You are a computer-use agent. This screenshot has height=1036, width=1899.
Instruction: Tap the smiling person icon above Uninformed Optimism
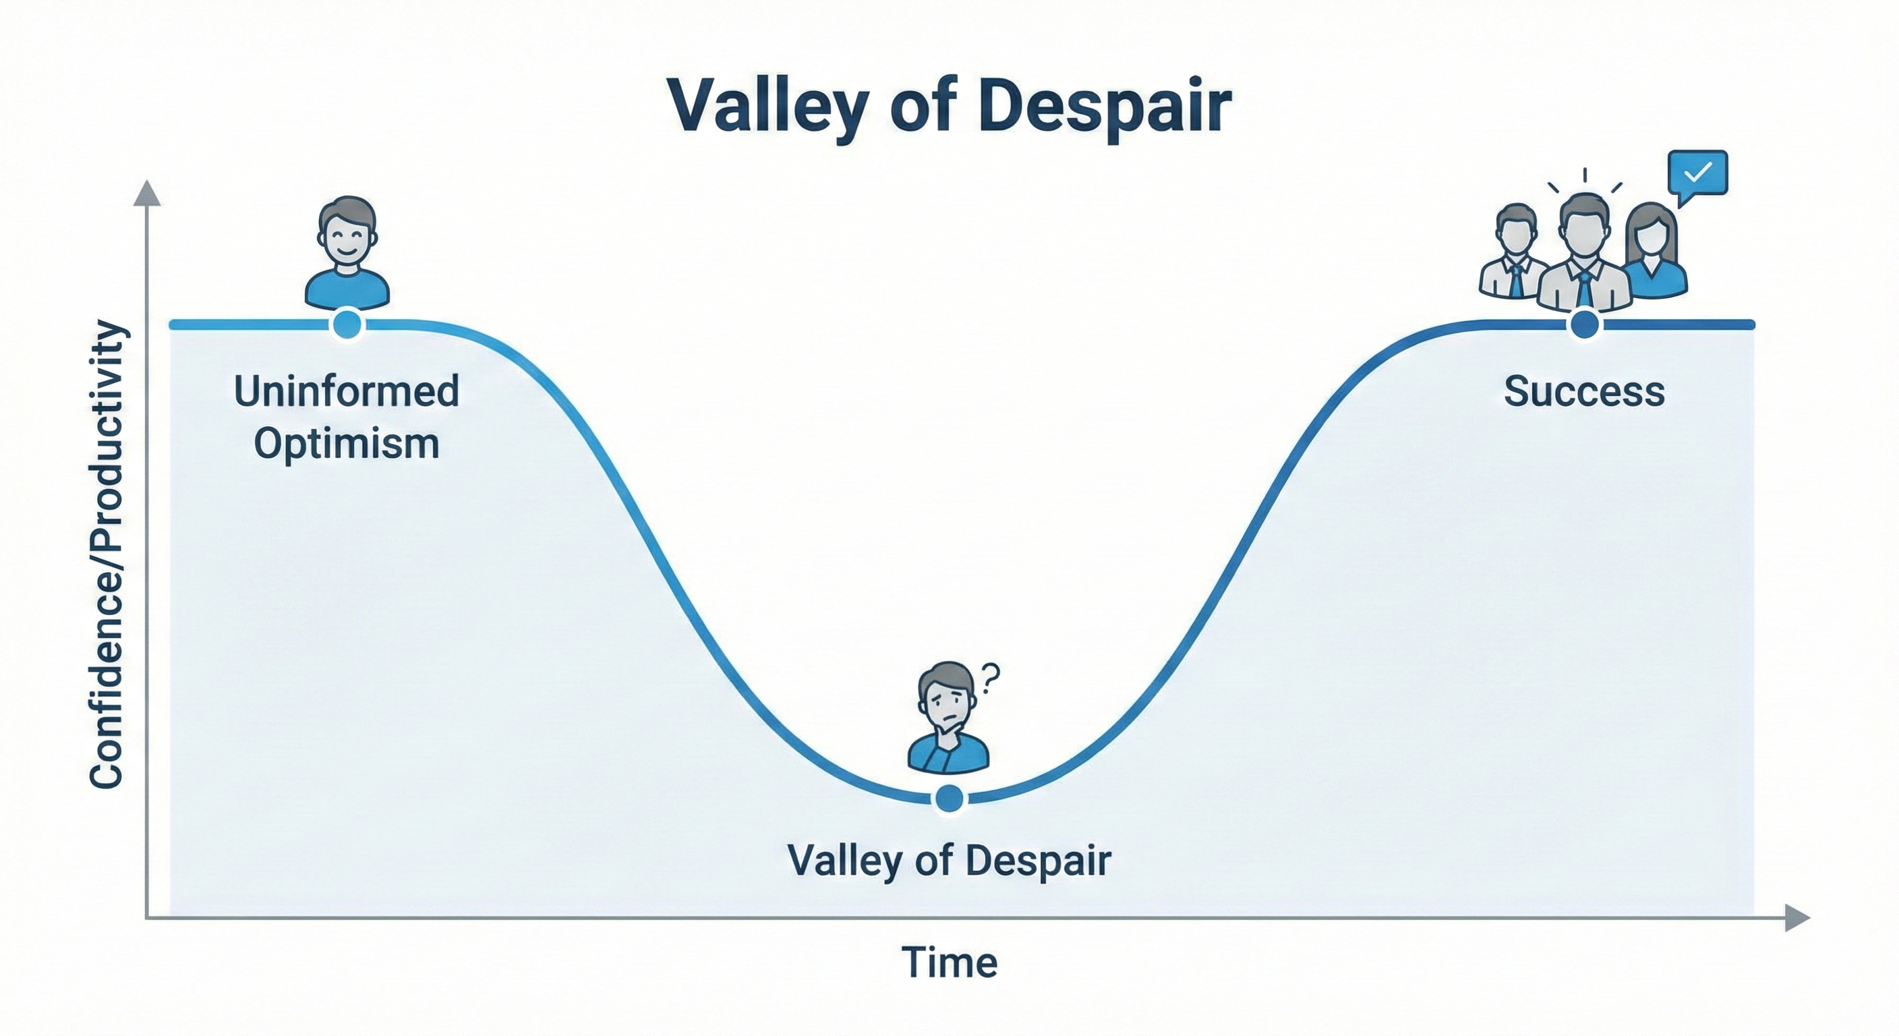(347, 252)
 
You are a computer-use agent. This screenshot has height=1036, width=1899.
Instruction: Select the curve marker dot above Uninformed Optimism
(347, 324)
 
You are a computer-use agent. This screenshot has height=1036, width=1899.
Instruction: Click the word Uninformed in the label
(347, 391)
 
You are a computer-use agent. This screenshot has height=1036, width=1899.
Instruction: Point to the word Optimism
(347, 444)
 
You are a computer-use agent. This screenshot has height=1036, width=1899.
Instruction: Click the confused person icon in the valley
(948, 718)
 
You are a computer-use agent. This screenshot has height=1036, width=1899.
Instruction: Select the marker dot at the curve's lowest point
(949, 799)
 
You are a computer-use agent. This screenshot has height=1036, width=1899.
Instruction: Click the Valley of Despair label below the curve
(949, 860)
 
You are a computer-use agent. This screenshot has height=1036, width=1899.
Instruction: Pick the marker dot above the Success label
(1585, 324)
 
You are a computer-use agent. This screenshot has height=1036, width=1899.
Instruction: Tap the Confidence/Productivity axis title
(106, 554)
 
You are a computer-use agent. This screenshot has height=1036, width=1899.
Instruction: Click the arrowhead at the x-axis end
(1797, 918)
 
